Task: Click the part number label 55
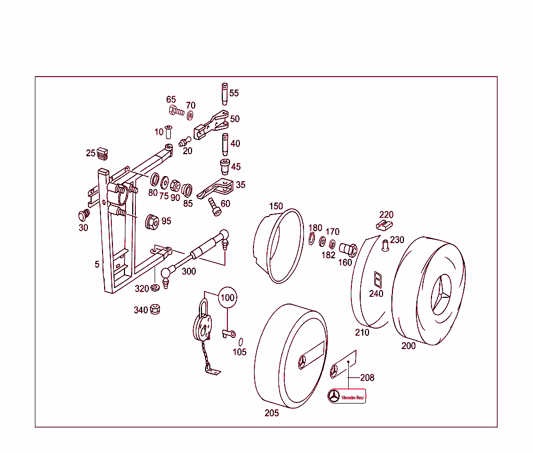[x=234, y=93]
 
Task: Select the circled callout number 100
[x=227, y=298]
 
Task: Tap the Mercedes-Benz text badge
[x=347, y=397]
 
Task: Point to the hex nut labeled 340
[x=155, y=309]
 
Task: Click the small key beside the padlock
[x=229, y=333]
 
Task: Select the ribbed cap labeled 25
[x=103, y=153]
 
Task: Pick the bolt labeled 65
[x=176, y=111]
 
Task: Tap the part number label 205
[x=271, y=413]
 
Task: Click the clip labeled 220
[x=384, y=225]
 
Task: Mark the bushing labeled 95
[x=151, y=221]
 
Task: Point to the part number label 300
[x=188, y=271]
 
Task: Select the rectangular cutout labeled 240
[x=377, y=280]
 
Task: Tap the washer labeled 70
[x=190, y=115]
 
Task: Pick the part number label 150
[x=276, y=206]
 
